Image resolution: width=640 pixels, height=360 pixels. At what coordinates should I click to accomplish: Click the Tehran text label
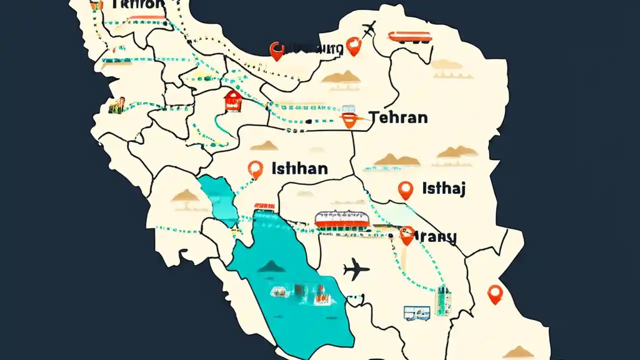398,117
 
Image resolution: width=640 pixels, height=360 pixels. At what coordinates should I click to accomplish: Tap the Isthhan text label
299,168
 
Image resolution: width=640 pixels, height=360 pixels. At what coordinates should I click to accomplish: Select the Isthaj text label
444,188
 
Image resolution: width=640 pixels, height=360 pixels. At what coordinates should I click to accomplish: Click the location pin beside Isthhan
255,169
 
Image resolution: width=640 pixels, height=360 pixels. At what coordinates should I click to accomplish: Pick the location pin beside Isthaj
405,190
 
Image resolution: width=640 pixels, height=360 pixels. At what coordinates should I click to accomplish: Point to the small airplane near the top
369,29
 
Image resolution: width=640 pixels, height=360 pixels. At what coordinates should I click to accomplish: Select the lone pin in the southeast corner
494,293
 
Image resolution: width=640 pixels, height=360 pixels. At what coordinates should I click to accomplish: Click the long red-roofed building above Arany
342,219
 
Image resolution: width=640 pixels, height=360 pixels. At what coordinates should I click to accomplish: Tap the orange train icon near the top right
409,36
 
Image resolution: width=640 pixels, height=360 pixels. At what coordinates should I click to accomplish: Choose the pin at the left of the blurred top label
276,50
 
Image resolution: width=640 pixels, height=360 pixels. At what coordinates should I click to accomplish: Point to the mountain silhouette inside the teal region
271,266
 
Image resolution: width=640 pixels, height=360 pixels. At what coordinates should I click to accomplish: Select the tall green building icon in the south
443,300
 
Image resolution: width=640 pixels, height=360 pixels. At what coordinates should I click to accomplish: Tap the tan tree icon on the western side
185,196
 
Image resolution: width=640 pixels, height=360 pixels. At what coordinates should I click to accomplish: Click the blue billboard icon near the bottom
416,313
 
